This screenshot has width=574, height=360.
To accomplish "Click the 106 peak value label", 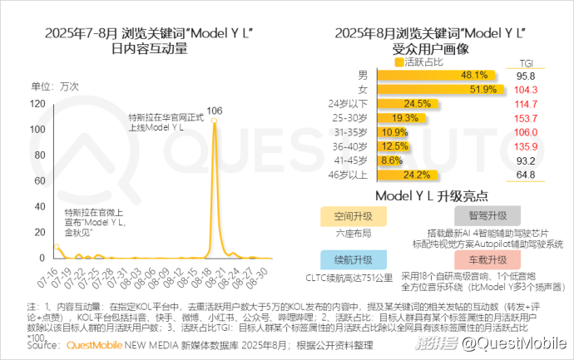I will [215, 110].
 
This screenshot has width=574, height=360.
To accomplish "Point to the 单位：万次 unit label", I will [54, 86].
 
